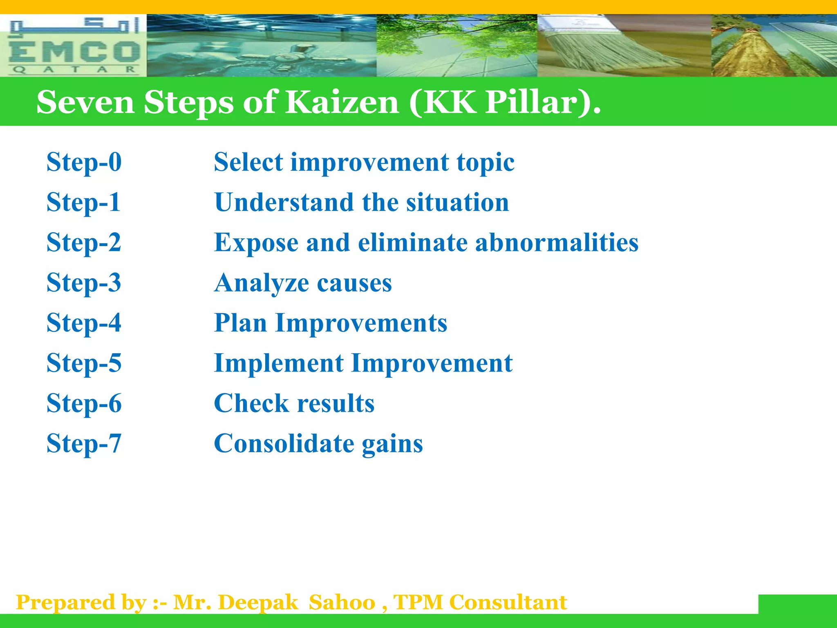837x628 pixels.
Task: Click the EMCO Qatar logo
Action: (x=74, y=46)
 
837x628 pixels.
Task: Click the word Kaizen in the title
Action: (x=342, y=102)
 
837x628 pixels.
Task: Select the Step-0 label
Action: (x=84, y=162)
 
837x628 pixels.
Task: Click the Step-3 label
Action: (x=84, y=283)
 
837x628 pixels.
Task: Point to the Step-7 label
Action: (x=84, y=443)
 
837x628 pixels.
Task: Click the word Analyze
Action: (x=262, y=283)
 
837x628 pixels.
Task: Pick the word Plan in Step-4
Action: (x=241, y=323)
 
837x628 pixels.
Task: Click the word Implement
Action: (x=279, y=363)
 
